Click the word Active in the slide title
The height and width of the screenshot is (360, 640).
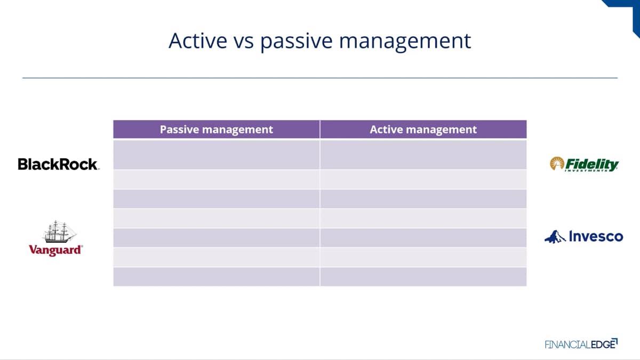coord(198,41)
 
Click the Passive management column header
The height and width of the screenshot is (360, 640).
coord(217,130)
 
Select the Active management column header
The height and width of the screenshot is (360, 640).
coord(423,130)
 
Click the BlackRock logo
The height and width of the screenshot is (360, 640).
coord(59,164)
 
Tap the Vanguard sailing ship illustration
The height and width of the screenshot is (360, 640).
coord(59,231)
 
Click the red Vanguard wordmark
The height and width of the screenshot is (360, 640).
coord(55,250)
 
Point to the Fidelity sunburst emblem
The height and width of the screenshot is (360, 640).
coord(557,163)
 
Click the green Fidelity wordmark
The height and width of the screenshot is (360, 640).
coord(591,165)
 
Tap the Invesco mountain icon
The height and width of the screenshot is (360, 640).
coord(555,237)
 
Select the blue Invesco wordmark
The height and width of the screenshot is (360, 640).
coord(596,236)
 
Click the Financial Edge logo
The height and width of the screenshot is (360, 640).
coord(581,343)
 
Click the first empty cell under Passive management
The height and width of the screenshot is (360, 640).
coord(217,155)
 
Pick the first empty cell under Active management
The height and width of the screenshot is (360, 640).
coord(423,155)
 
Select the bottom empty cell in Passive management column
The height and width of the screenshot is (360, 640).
coord(217,277)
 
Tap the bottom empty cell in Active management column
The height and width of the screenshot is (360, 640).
coord(423,277)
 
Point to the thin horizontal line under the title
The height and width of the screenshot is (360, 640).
coord(320,78)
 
